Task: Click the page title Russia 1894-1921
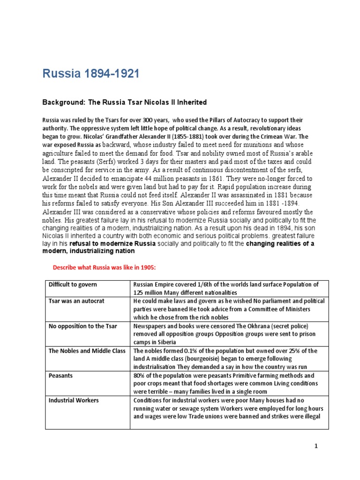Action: [91, 74]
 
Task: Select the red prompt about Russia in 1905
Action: [103, 267]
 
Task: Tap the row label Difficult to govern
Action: [73, 285]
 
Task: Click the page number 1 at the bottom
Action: [316, 446]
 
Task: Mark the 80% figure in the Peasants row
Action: [139, 376]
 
